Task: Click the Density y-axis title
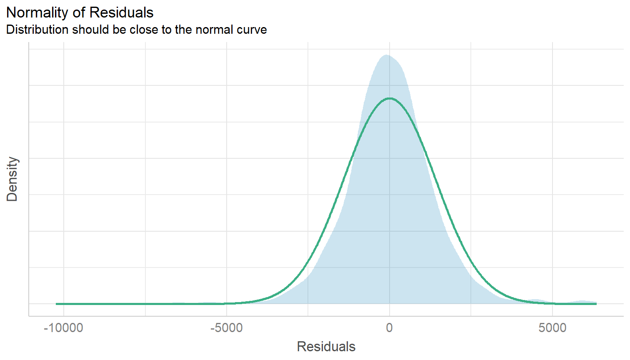(x=12, y=179)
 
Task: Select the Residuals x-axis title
(x=326, y=346)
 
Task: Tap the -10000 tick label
(x=63, y=328)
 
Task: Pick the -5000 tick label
(x=226, y=328)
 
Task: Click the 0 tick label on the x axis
(x=389, y=328)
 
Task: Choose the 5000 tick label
(x=552, y=328)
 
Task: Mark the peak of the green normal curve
(x=390, y=98)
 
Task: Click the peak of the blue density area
(x=387, y=55)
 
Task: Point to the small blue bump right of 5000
(x=582, y=301)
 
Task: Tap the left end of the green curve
(x=57, y=304)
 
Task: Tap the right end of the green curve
(x=596, y=304)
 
